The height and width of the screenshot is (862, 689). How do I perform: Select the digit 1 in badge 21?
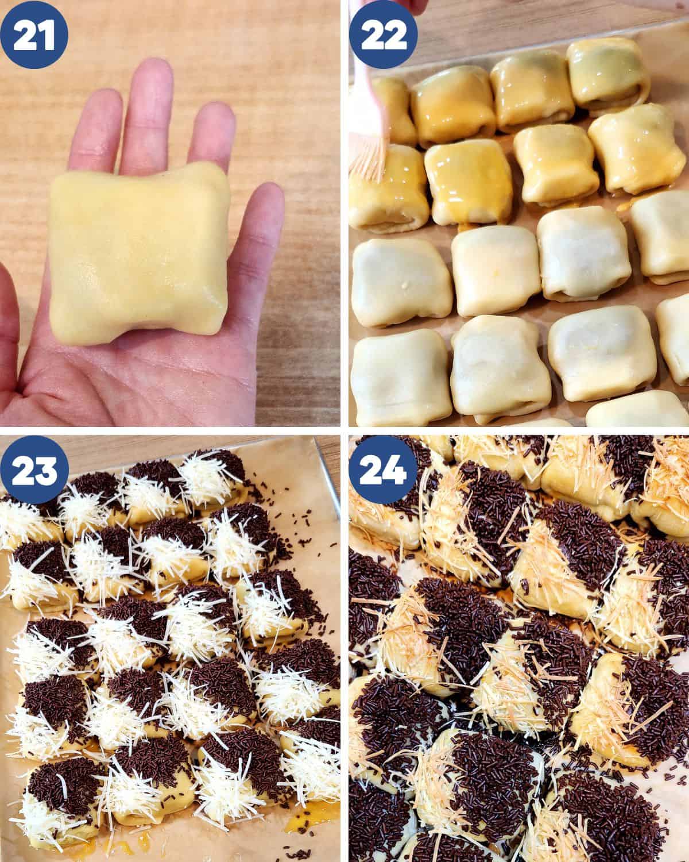[47, 35]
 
